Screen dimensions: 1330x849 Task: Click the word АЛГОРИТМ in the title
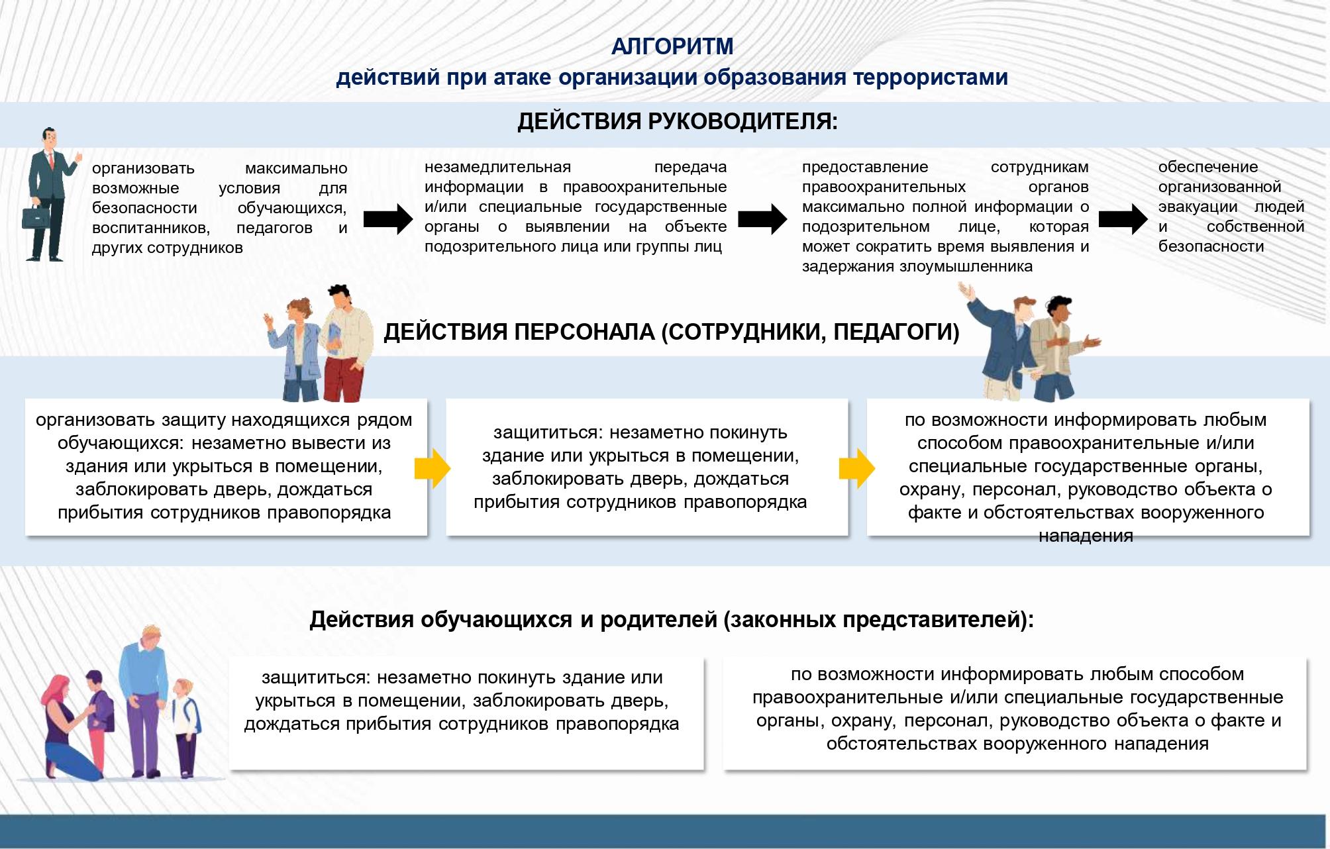[672, 46]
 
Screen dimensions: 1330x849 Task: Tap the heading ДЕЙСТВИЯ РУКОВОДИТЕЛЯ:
[678, 122]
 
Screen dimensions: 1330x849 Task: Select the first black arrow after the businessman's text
[388, 219]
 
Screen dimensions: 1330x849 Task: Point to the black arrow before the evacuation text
[1123, 219]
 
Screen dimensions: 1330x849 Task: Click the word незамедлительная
[497, 167]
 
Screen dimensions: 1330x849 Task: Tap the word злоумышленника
[966, 267]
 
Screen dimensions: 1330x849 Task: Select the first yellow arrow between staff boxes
[433, 468]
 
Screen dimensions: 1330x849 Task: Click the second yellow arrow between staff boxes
[856, 468]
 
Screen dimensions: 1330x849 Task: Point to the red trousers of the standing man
[344, 378]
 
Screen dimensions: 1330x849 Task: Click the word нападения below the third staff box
[1086, 536]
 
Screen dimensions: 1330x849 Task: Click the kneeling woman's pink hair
[58, 692]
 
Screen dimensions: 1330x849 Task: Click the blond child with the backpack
[184, 728]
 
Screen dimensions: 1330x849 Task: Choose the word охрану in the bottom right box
[860, 721]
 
